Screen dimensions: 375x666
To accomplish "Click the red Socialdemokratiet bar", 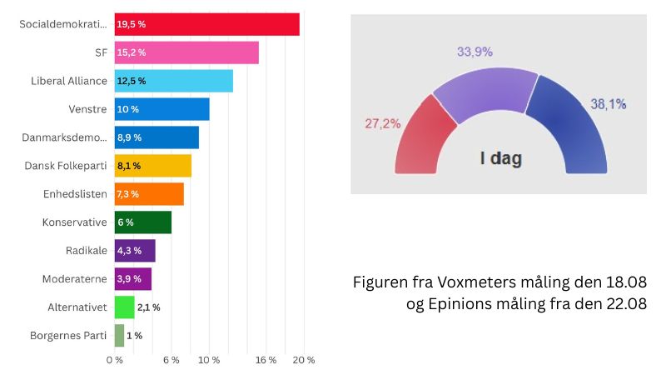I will (x=206, y=24).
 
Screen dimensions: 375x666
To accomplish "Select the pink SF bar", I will (x=186, y=52).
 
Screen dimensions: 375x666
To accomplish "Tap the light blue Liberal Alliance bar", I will (x=173, y=81).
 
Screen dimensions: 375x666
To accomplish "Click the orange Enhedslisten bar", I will (x=149, y=194).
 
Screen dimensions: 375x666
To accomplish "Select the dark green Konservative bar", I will (x=142, y=222).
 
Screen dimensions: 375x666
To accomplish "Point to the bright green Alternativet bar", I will (x=124, y=307).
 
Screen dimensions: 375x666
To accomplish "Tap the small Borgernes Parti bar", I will (x=119, y=336).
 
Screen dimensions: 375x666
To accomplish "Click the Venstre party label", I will (x=87, y=109).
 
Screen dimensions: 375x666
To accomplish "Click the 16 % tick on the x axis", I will (x=266, y=360).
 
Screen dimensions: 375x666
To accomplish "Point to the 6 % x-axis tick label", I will (x=171, y=360).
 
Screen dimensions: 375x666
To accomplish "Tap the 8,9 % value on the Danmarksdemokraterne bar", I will (x=129, y=137).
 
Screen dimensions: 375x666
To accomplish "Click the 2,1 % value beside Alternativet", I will (x=148, y=307).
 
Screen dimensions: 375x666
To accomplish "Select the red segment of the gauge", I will (x=416, y=137).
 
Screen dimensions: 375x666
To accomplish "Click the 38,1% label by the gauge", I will (x=609, y=104).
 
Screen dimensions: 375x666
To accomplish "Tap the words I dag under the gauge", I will (x=499, y=157).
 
